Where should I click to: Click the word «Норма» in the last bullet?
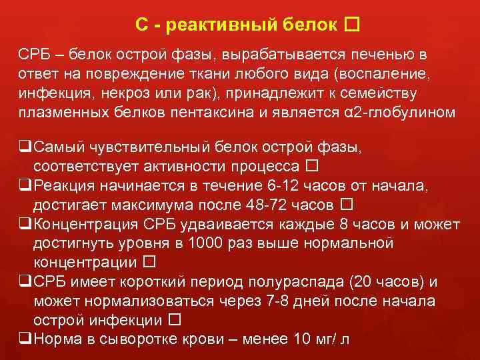pyautogui.click(x=55, y=339)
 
